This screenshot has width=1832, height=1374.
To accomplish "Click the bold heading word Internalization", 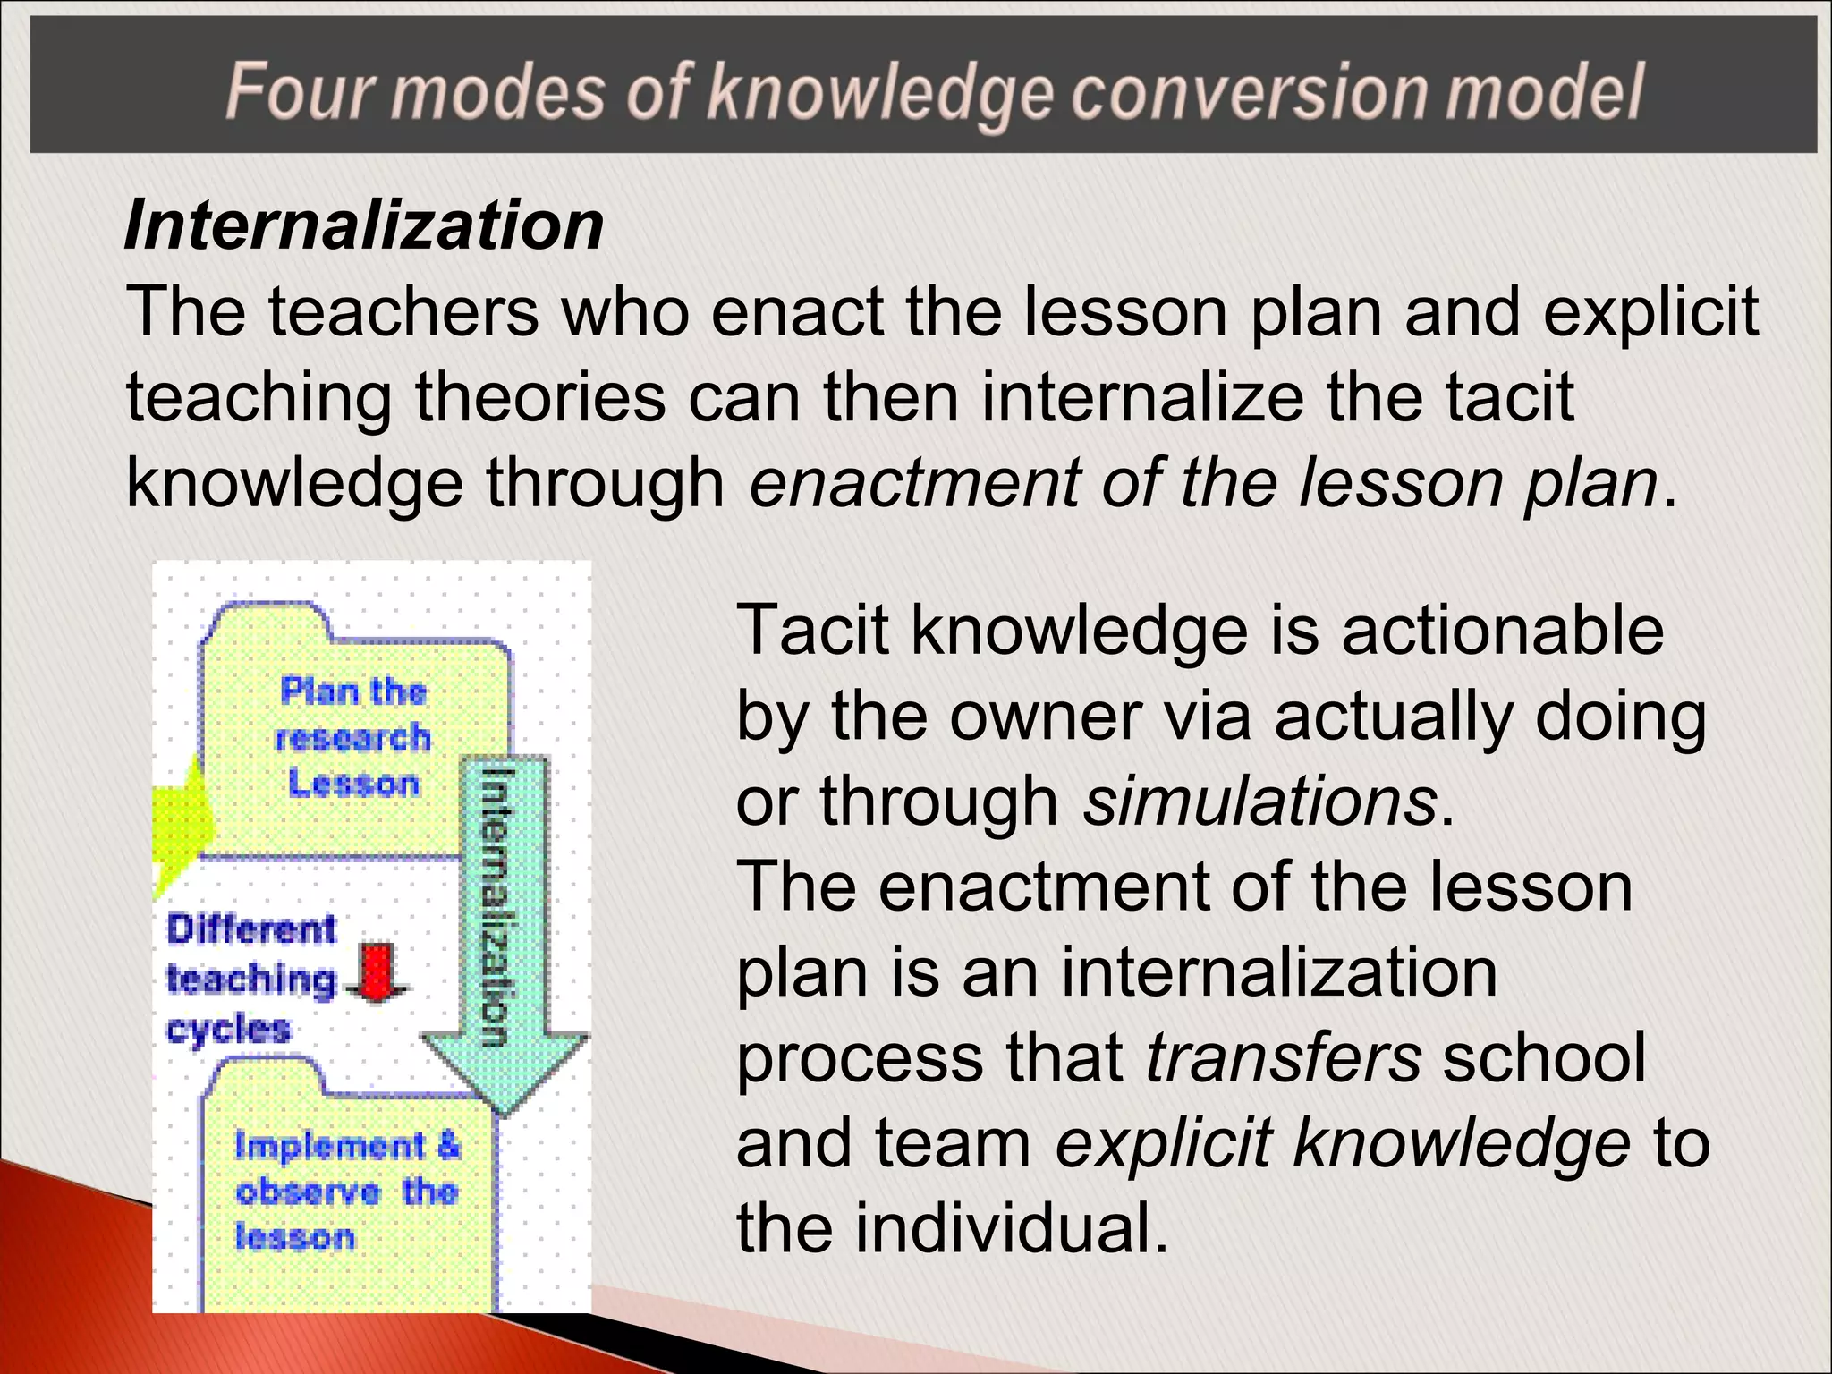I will [x=364, y=225].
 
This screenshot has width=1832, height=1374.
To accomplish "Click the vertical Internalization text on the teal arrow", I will [x=496, y=905].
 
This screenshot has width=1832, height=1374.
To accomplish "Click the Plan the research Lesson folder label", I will [x=353, y=737].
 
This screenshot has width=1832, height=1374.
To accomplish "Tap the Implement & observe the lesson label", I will [x=346, y=1192].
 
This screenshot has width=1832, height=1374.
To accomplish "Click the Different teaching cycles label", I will [x=251, y=978].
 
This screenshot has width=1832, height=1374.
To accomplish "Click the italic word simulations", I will [x=1259, y=801].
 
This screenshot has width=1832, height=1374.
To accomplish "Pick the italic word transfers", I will [x=1284, y=1057].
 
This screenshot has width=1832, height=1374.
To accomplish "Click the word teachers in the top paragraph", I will [x=403, y=312].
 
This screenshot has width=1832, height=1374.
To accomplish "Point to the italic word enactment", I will [x=915, y=483].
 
